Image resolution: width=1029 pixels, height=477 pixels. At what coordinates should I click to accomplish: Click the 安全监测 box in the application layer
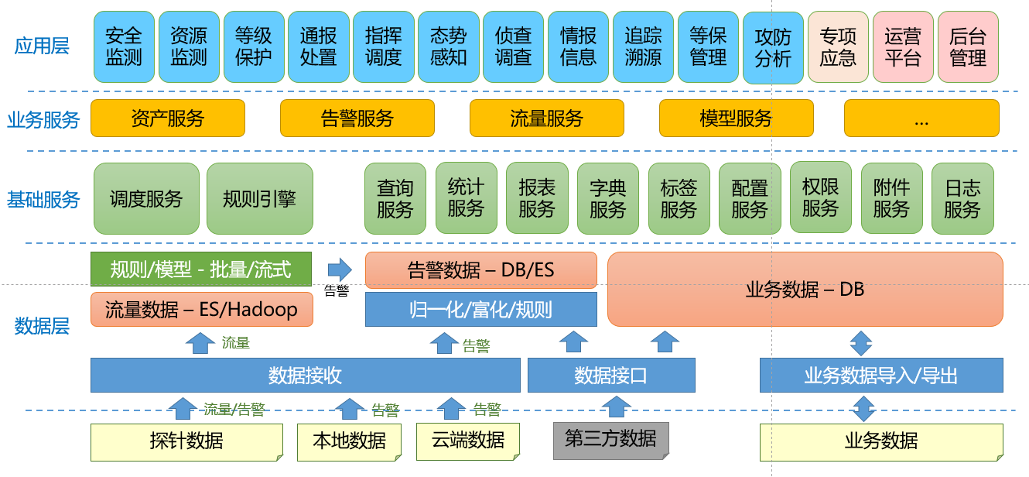coord(124,47)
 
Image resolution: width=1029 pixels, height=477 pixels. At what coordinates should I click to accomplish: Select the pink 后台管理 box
coord(968,47)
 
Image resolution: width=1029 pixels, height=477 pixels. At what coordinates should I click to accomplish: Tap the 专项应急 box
coord(838,47)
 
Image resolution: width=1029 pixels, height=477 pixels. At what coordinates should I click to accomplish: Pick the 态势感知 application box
coord(449,47)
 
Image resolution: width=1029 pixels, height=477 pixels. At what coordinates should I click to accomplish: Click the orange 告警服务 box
coord(357,118)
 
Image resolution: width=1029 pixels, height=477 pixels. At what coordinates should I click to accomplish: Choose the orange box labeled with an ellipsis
coord(921,118)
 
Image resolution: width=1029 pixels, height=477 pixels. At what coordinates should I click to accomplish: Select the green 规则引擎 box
coord(259,199)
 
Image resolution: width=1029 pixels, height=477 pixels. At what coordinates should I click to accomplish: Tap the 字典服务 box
coord(608,199)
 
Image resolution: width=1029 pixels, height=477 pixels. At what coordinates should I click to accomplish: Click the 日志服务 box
coord(962,199)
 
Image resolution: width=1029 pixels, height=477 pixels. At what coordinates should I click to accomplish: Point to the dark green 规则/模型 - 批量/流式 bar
coord(200,269)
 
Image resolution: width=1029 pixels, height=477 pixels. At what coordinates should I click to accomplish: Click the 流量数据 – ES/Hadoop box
coord(202,309)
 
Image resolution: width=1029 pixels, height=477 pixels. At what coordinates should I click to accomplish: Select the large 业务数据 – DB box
coord(805,289)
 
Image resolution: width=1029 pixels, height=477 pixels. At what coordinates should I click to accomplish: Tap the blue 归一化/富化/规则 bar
coord(481,309)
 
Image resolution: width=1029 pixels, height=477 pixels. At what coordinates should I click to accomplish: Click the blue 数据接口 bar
coord(611,375)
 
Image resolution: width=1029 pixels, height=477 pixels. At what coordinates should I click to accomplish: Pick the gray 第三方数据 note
coord(611,441)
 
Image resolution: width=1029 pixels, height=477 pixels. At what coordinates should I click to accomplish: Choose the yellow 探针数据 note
coord(186,441)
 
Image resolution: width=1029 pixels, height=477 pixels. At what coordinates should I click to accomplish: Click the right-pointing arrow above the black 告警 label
coord(340,269)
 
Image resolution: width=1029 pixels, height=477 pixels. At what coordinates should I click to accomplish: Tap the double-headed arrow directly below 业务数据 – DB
coord(861,343)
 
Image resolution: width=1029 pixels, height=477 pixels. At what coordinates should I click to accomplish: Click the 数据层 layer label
coord(42,326)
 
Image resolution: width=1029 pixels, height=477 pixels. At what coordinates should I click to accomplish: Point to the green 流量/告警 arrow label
coord(234,409)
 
